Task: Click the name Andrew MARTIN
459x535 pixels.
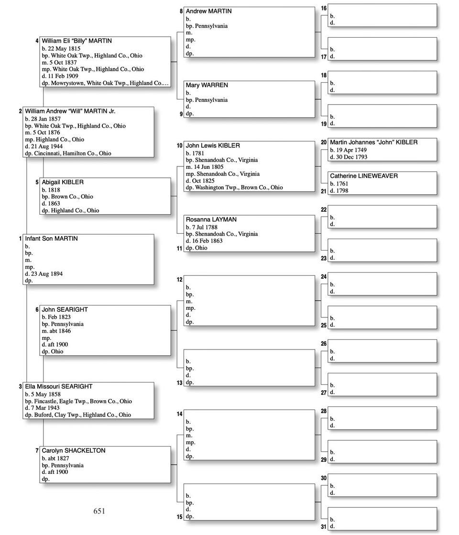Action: [x=208, y=11]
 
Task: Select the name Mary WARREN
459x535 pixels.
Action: [x=207, y=85]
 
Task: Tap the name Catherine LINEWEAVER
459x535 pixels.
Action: [x=363, y=176]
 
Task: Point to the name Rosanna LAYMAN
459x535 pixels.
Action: [x=211, y=219]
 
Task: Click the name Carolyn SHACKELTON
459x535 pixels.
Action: [x=73, y=450]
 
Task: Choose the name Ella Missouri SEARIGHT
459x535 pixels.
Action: [x=58, y=386]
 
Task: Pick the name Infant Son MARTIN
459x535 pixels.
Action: [x=51, y=239]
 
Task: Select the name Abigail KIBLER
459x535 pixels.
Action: [x=62, y=182]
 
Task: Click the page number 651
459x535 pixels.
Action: [x=99, y=511]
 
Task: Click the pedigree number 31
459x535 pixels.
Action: [x=324, y=527]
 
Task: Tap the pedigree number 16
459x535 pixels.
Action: [x=324, y=9]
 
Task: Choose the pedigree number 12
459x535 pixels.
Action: [x=180, y=280]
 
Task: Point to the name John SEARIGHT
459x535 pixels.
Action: [x=65, y=309]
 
